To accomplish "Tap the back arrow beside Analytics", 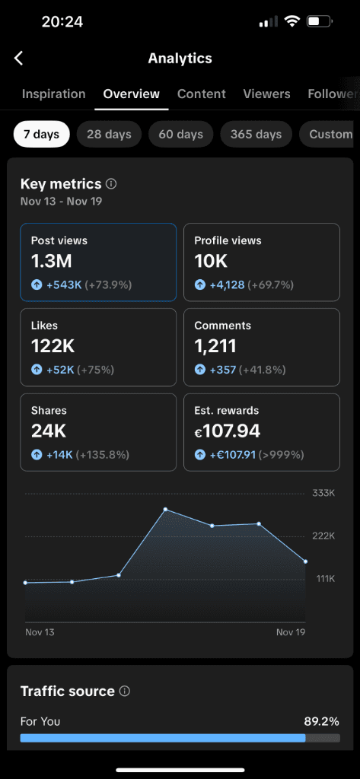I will point(19,59).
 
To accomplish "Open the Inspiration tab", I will point(53,94).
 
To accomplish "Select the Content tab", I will point(202,94).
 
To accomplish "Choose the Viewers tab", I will point(266,94).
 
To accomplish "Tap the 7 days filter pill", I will point(41,135).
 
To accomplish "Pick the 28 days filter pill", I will point(109,135).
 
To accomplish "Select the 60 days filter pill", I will point(180,135).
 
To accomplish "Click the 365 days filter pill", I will point(256,135).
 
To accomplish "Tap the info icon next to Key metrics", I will point(111,184).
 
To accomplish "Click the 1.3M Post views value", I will point(51,262).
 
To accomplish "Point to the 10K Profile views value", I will point(211,262).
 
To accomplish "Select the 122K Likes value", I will point(53,346).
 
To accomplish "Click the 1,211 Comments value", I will point(215,346).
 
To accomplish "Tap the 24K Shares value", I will point(49,431).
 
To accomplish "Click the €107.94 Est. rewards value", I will point(228,431).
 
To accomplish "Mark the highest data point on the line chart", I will point(165,509).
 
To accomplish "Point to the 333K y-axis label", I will point(323,493).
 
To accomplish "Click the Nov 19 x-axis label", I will point(291,632).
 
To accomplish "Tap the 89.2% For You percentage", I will point(320,721).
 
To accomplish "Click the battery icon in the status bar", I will point(318,22).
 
